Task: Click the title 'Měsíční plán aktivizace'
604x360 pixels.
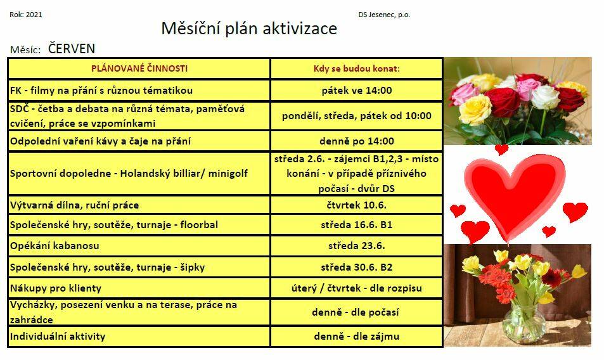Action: coord(249,29)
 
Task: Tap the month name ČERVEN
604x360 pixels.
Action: coord(72,49)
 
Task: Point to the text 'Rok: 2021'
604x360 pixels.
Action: coord(26,15)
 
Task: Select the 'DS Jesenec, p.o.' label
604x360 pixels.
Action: coord(384,15)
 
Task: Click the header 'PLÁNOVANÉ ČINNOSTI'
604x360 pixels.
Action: coord(139,68)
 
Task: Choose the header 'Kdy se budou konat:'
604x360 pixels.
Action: coord(357,68)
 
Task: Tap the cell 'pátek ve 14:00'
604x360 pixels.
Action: coord(357,91)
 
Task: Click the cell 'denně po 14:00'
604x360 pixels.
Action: coord(357,141)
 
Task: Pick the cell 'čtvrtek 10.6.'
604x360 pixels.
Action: coord(357,205)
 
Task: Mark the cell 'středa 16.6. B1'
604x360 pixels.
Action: coord(357,224)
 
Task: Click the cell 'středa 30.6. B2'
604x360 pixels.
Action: coord(357,267)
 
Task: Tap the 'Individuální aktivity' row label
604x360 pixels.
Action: coord(58,337)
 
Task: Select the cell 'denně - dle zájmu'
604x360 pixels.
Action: coord(357,337)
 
